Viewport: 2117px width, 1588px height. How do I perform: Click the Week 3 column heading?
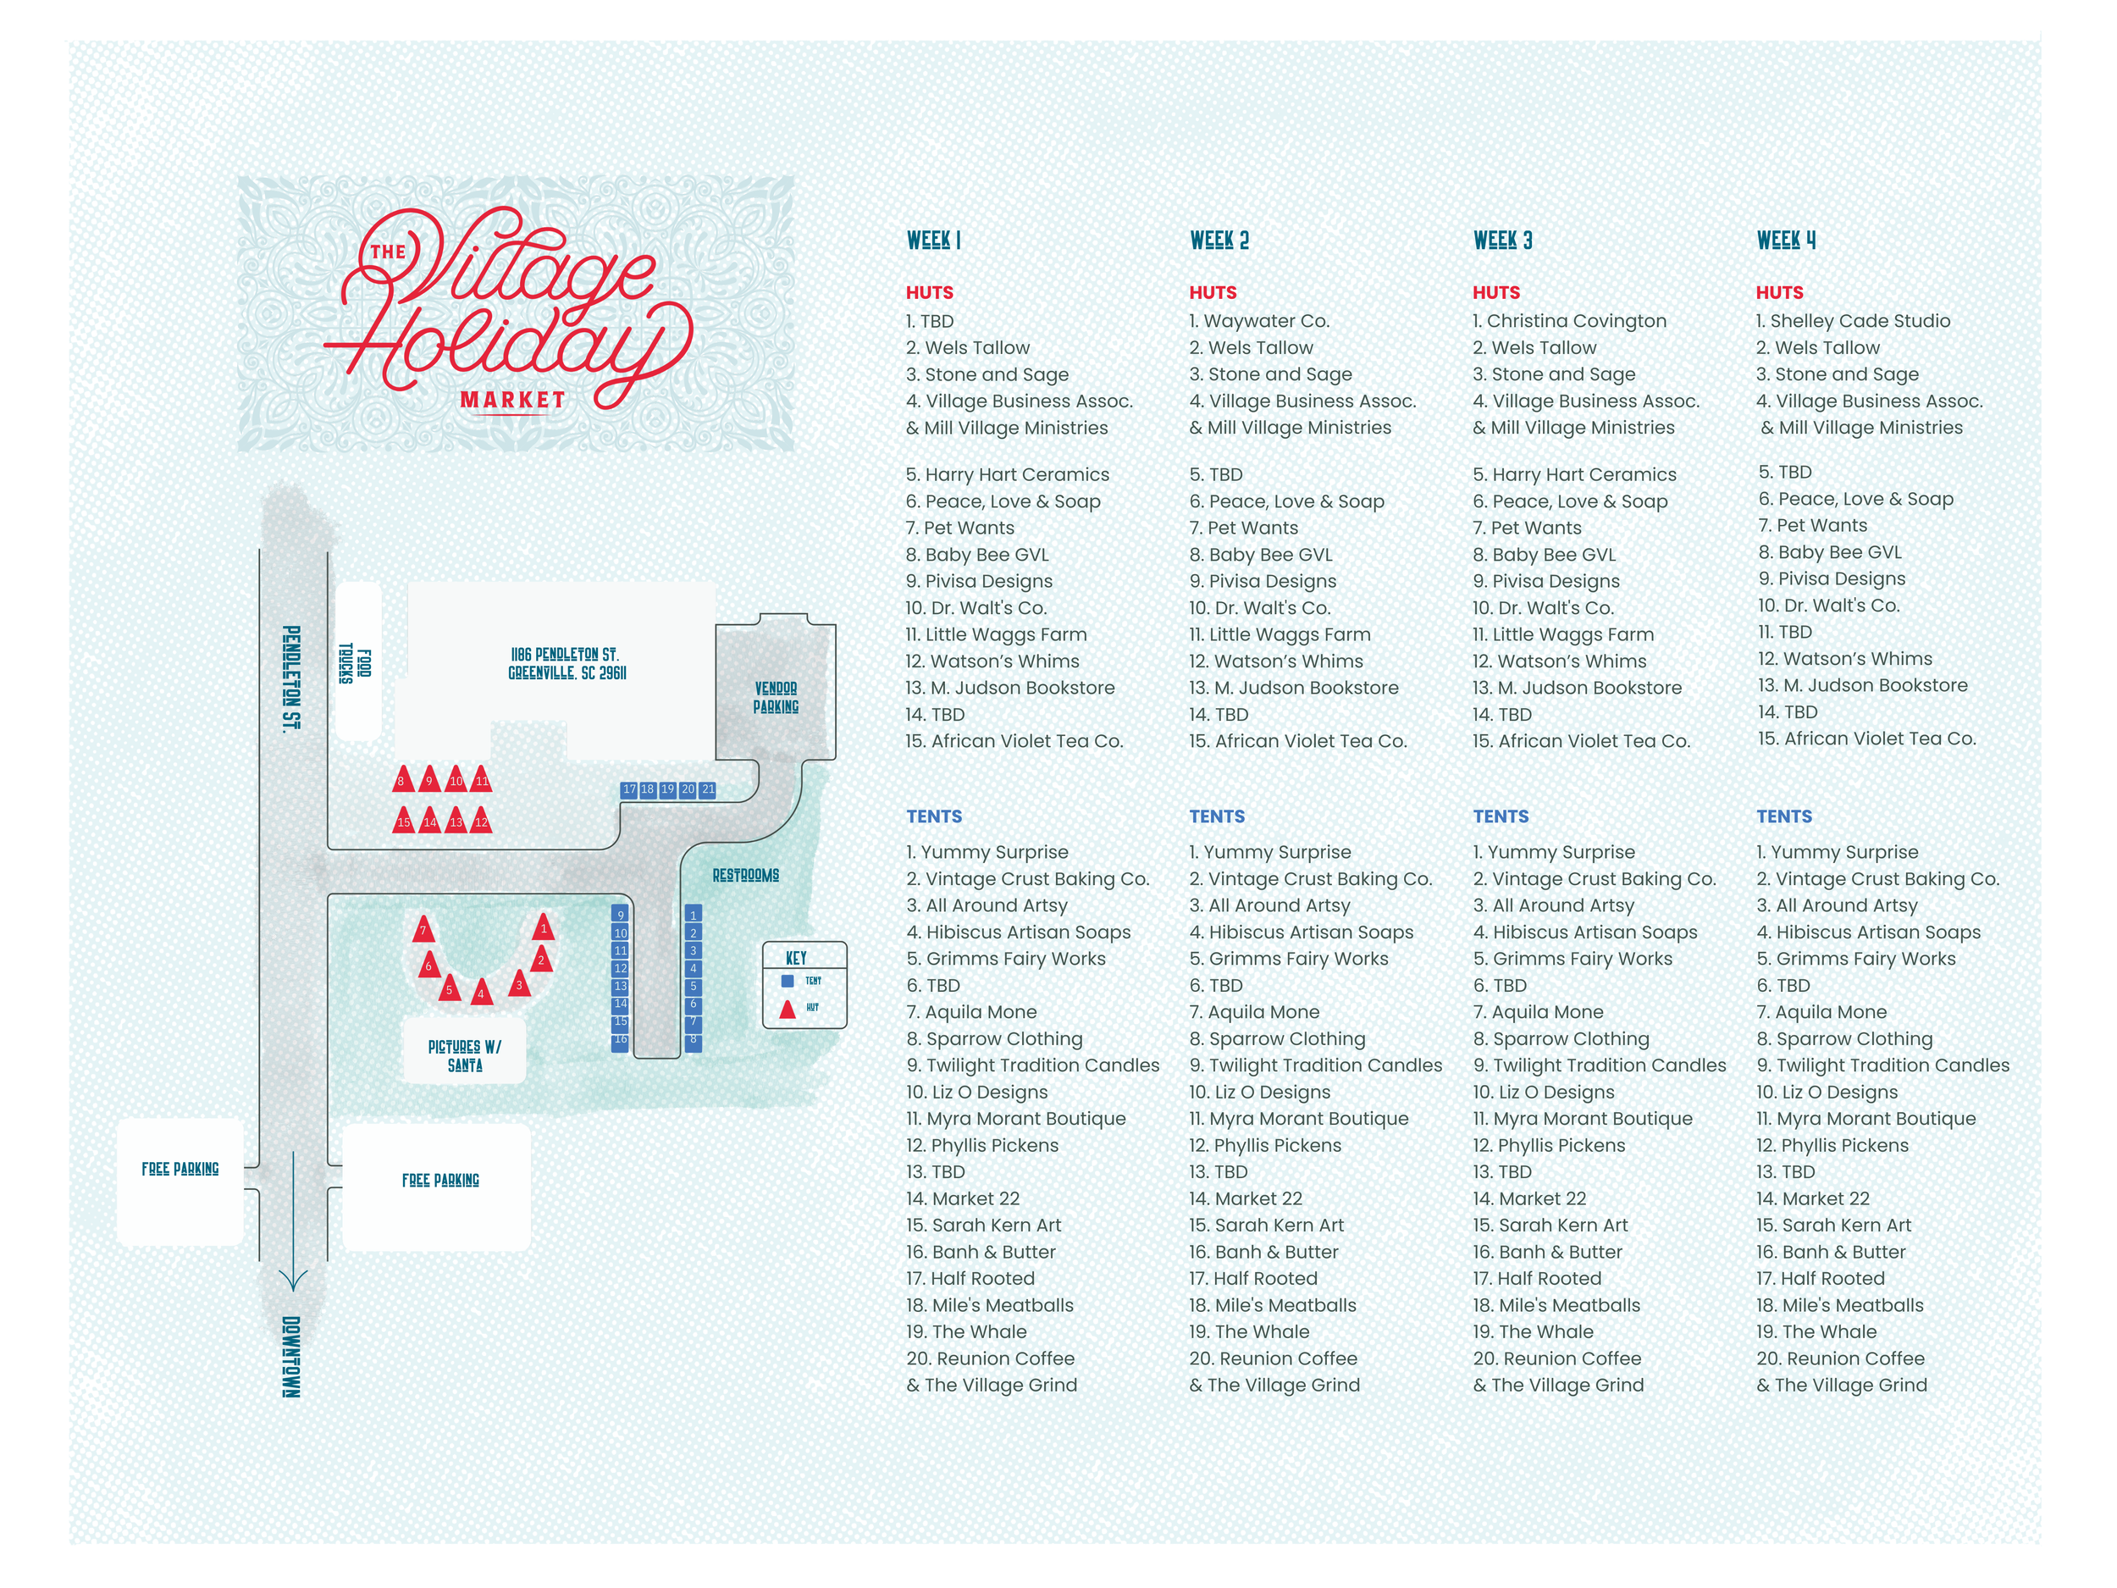click(x=1502, y=241)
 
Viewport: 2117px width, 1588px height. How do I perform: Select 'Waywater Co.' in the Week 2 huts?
click(x=1259, y=322)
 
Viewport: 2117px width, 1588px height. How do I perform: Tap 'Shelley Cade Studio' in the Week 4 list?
click(x=1853, y=322)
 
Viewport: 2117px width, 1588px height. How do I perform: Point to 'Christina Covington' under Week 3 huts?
click(x=1570, y=322)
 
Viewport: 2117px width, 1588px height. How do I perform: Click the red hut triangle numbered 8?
click(x=403, y=779)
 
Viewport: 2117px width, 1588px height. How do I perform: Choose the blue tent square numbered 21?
click(x=708, y=789)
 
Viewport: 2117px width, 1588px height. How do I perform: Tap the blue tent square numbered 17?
click(x=629, y=789)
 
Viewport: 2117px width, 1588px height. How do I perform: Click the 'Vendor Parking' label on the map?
click(x=775, y=698)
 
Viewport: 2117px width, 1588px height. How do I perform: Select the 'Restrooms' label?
click(x=745, y=875)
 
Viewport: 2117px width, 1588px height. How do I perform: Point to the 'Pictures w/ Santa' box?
click(x=464, y=1056)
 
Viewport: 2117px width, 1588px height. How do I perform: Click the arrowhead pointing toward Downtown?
click(x=293, y=1281)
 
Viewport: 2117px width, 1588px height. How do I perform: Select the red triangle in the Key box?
click(x=788, y=1008)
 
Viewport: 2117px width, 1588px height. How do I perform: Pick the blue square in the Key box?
click(x=788, y=981)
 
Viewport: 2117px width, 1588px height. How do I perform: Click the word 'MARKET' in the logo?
click(x=513, y=400)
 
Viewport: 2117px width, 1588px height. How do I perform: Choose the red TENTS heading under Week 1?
click(x=934, y=816)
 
